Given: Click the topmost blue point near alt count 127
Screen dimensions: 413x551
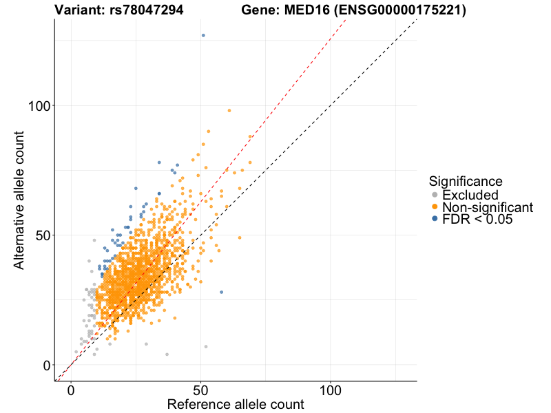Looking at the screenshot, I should pyautogui.click(x=203, y=35).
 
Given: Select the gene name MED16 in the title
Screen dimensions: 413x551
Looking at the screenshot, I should pyautogui.click(x=297, y=10).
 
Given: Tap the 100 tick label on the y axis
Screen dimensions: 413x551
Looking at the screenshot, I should pyautogui.click(x=40, y=105).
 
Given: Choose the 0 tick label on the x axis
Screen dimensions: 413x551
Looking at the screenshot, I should pyautogui.click(x=71, y=389).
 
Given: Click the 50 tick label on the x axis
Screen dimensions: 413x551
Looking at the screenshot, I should pyautogui.click(x=200, y=389).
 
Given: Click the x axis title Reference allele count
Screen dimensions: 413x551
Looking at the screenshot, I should pyautogui.click(x=236, y=404).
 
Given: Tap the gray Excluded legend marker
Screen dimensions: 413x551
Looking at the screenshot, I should pyautogui.click(x=435, y=195).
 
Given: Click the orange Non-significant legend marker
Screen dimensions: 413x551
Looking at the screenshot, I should pyautogui.click(x=435, y=207).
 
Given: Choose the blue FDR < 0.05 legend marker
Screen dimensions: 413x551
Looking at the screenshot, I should pyautogui.click(x=435, y=219).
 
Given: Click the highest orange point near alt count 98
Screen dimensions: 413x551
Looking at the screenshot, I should pyautogui.click(x=229, y=111).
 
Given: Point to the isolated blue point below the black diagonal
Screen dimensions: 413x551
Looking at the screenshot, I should pyautogui.click(x=221, y=292).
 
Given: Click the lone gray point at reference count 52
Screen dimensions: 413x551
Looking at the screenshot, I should pyautogui.click(x=206, y=346).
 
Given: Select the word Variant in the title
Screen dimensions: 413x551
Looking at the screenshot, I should pyautogui.click(x=79, y=10).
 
